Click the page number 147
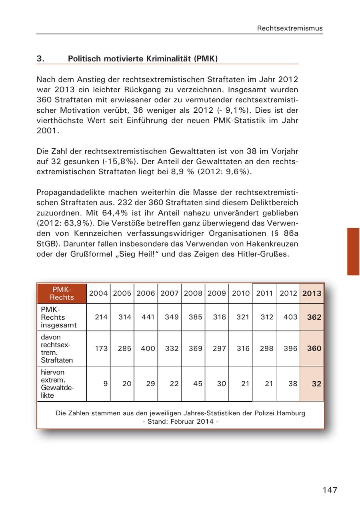tap(330, 490)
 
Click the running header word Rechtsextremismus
tap(290, 28)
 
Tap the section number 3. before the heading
tap(40, 59)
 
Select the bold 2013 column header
tap(312, 293)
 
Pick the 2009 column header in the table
tap(217, 293)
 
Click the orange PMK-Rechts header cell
tap(62, 293)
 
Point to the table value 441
tap(148, 317)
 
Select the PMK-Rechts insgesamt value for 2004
tap(101, 317)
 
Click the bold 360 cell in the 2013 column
tap(314, 349)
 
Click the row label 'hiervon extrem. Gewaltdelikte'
tap(58, 384)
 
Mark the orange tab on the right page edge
tap(353, 251)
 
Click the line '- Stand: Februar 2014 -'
tap(180, 421)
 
